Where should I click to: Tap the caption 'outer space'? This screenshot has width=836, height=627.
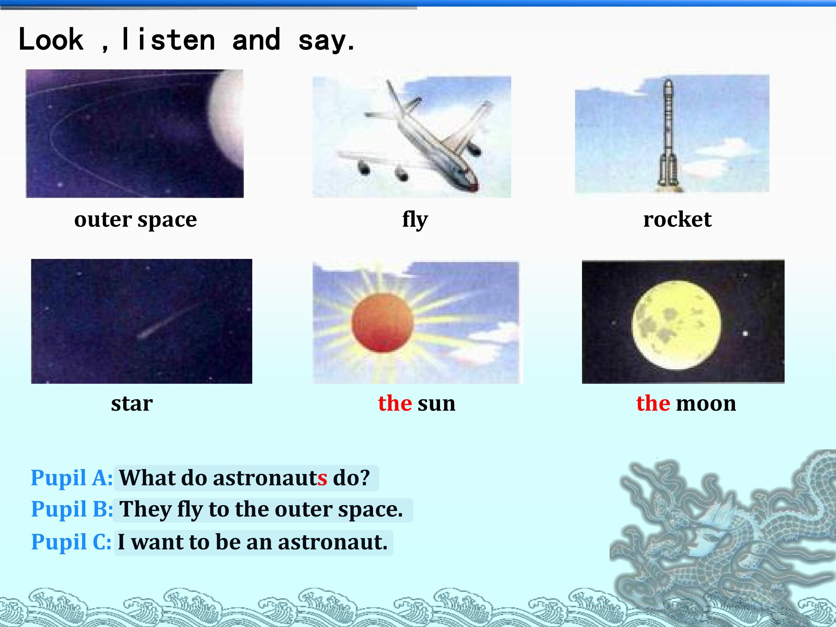(x=135, y=219)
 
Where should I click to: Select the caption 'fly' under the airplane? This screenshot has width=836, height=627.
(x=415, y=219)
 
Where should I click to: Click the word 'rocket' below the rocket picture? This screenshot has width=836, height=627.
(x=677, y=219)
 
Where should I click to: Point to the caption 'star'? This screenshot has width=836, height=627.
(x=132, y=404)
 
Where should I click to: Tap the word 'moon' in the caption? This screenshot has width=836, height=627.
(x=706, y=404)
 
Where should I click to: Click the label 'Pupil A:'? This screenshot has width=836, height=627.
(x=71, y=478)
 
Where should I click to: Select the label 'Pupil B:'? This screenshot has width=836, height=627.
(x=72, y=509)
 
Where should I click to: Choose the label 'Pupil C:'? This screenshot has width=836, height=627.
(x=71, y=542)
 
